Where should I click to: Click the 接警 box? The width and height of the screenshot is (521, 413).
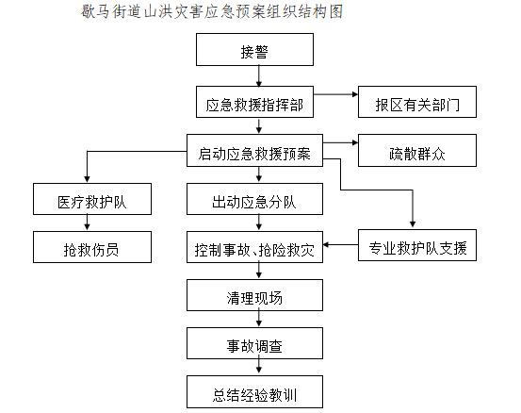point(254,49)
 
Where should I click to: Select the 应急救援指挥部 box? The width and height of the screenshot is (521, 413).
point(254,102)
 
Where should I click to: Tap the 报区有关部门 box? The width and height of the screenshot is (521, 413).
point(417,102)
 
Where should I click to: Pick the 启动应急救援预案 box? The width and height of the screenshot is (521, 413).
point(254,150)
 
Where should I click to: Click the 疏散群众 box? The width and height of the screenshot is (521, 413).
point(417,150)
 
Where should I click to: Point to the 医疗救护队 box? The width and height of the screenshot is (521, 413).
point(92,199)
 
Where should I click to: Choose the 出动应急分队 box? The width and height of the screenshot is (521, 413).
point(254,199)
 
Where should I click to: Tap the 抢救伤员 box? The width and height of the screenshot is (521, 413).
point(92,247)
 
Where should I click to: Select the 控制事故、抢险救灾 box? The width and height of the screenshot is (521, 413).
point(254,247)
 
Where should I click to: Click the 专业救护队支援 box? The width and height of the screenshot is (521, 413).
point(417,245)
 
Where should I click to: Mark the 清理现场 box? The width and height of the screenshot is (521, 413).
point(254,295)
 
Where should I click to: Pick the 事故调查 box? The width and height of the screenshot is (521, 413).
point(254,343)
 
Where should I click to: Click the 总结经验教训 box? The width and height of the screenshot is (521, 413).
point(254,391)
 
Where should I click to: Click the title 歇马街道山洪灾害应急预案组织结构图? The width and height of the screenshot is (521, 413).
point(212,11)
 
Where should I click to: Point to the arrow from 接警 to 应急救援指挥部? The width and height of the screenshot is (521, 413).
point(259,75)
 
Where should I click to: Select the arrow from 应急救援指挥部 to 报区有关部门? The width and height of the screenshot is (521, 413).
point(335,94)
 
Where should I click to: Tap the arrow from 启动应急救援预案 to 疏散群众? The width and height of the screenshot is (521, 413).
point(340,142)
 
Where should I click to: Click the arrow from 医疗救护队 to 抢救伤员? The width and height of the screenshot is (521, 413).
point(87,223)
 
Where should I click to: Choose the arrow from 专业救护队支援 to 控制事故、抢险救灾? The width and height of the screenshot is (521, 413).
point(340,245)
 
